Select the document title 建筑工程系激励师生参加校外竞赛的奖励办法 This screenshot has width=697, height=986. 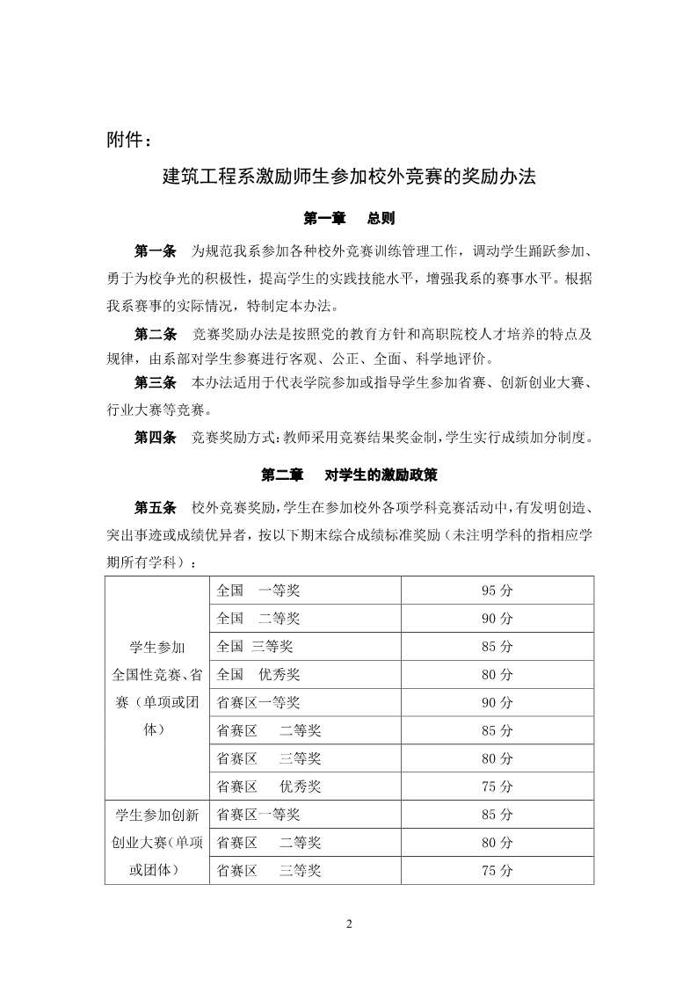(x=349, y=176)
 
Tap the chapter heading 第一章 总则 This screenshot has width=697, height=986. (x=349, y=218)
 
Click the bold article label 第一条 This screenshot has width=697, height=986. (x=156, y=251)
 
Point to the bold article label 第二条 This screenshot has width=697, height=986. (x=156, y=335)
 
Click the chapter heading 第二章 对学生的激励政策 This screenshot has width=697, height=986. (x=349, y=475)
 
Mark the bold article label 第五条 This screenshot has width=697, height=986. (x=156, y=508)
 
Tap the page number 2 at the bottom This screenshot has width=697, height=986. (x=349, y=924)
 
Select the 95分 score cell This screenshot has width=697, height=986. (x=497, y=591)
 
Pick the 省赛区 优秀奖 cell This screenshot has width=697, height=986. (x=269, y=787)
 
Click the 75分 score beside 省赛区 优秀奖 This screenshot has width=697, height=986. (x=497, y=787)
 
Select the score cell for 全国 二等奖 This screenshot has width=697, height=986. (x=497, y=619)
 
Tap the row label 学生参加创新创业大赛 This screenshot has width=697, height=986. (x=156, y=842)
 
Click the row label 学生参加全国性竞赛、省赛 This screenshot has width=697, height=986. (x=156, y=688)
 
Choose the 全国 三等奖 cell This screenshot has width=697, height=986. (x=255, y=647)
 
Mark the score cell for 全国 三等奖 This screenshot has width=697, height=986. (x=497, y=647)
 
